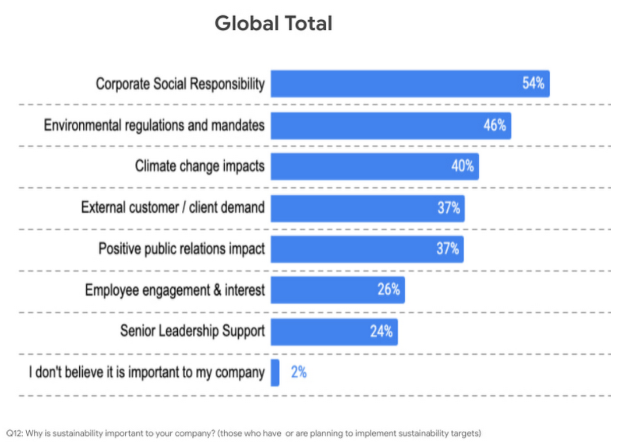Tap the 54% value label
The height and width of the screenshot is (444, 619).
533,83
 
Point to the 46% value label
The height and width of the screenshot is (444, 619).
495,125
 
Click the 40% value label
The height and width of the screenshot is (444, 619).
462,166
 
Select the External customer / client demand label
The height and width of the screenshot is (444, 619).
173,207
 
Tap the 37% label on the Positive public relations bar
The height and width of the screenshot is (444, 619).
448,249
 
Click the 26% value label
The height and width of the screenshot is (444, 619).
389,290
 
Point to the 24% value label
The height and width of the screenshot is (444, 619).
381,332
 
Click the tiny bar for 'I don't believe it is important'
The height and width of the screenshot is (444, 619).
275,373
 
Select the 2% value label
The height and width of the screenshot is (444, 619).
298,373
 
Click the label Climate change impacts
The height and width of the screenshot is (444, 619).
199,166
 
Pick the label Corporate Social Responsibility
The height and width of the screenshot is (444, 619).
180,84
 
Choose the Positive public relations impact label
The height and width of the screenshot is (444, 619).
181,249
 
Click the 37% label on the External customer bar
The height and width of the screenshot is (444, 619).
449,207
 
